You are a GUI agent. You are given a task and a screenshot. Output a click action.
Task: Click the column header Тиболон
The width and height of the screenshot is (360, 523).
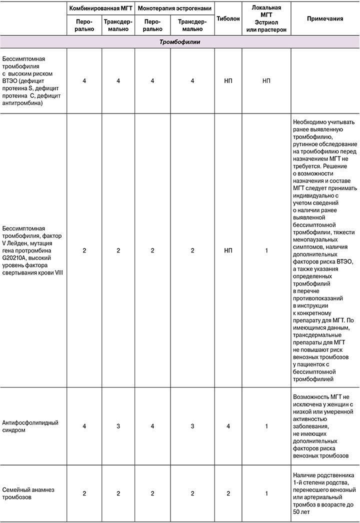228,18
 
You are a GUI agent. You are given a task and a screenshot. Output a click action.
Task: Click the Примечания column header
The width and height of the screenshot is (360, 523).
325,18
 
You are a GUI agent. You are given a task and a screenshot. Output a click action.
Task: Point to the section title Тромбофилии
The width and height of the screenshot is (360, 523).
180,42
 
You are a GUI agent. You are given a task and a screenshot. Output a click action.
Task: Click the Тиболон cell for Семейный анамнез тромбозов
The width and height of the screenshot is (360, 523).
228,493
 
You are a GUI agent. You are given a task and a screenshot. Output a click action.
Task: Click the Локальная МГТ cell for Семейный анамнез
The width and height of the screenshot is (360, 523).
266,493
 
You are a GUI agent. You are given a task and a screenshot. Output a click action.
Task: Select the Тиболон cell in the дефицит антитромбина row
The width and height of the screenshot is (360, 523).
228,80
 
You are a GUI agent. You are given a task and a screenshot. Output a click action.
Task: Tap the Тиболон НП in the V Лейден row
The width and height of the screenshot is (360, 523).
228,250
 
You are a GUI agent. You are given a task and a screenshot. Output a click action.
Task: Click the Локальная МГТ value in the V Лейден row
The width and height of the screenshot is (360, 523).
266,250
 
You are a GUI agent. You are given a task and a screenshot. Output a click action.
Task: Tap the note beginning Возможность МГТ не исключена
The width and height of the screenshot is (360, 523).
324,425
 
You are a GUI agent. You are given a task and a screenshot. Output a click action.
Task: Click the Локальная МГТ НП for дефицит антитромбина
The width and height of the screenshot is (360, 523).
266,80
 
